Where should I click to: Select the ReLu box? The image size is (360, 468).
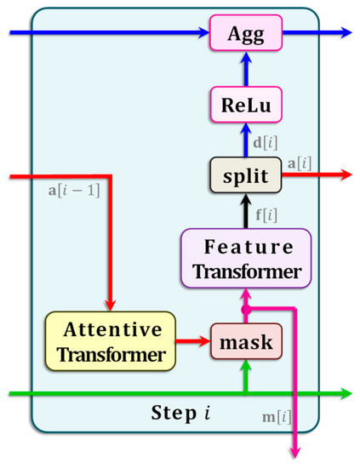(x=245, y=105)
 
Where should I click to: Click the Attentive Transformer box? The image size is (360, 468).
(x=110, y=341)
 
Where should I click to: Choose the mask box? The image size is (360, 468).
(x=245, y=342)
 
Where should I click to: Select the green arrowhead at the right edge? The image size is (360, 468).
(x=343, y=393)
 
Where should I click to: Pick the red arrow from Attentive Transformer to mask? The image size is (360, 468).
(x=197, y=342)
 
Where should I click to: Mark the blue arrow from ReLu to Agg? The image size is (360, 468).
(x=246, y=67)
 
